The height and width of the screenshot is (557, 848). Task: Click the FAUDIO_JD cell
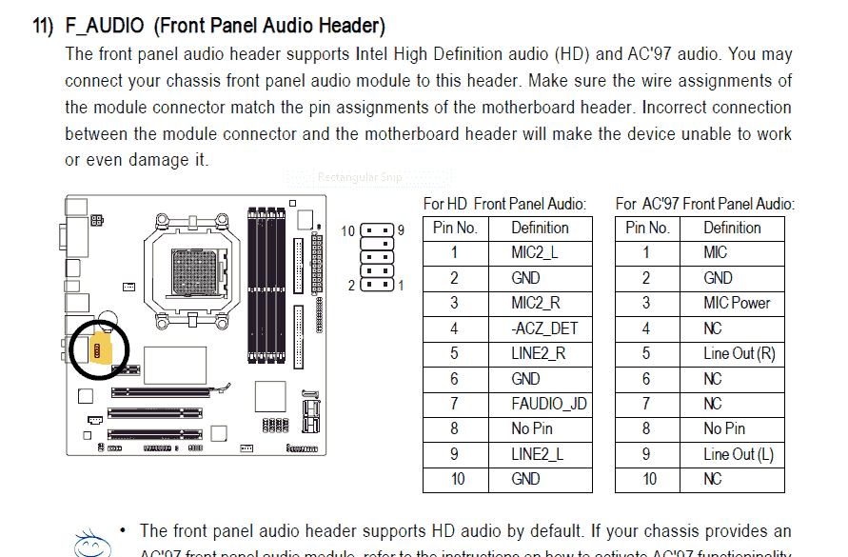(x=548, y=404)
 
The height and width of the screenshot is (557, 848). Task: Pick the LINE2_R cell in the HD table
(x=538, y=353)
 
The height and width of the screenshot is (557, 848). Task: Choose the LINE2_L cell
(x=537, y=454)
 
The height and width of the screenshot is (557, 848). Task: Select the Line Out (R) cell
(x=740, y=353)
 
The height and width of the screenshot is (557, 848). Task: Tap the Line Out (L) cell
(x=739, y=454)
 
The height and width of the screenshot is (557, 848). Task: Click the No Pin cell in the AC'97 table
(x=724, y=428)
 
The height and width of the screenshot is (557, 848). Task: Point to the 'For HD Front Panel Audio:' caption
(x=504, y=204)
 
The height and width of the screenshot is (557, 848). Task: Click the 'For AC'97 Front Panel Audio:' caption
(x=704, y=204)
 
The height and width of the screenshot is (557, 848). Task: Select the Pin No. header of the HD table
(x=455, y=228)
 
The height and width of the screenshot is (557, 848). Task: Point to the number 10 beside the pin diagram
(x=348, y=230)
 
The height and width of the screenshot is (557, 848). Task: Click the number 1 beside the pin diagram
(x=401, y=285)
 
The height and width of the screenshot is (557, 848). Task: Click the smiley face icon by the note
(x=90, y=544)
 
